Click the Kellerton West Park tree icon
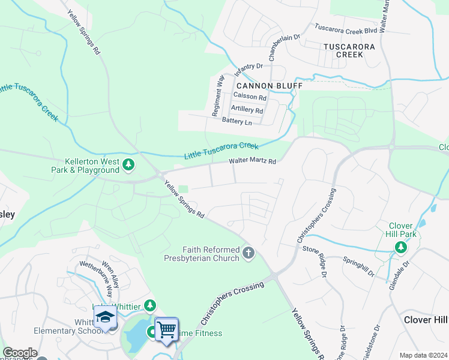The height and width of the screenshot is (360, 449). [128, 164]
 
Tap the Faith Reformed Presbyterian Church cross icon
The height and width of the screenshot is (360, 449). [249, 253]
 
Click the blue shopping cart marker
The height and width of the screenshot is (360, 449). [166, 328]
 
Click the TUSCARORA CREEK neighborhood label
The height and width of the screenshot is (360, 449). [349, 50]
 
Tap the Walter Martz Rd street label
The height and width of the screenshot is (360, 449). [252, 161]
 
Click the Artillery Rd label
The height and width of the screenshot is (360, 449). [247, 110]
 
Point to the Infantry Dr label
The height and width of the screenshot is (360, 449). [249, 69]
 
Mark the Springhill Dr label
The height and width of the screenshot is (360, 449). [358, 266]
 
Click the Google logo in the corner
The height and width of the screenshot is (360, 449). [19, 353]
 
